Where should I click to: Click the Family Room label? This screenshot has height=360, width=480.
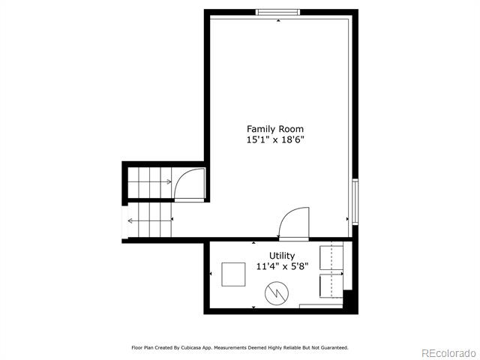point(275,129)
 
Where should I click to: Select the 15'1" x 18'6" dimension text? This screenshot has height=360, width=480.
point(275,140)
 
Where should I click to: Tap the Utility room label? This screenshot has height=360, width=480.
point(282,256)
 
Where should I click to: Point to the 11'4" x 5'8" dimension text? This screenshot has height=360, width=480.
point(282,267)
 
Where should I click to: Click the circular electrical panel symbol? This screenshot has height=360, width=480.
point(277,293)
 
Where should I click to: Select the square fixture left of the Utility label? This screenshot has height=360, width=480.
point(233,274)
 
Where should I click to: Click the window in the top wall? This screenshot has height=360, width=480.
point(277,12)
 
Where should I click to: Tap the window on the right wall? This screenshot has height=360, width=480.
point(355,202)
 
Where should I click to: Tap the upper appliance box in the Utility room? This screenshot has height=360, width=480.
point(331,257)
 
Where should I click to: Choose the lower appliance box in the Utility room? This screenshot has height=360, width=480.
point(331,286)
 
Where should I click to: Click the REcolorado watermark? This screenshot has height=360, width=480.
point(448,353)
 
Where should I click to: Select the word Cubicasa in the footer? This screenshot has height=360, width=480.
point(191,348)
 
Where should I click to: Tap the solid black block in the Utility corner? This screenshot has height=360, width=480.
point(350,301)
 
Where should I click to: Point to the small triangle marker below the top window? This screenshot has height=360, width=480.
point(278,20)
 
